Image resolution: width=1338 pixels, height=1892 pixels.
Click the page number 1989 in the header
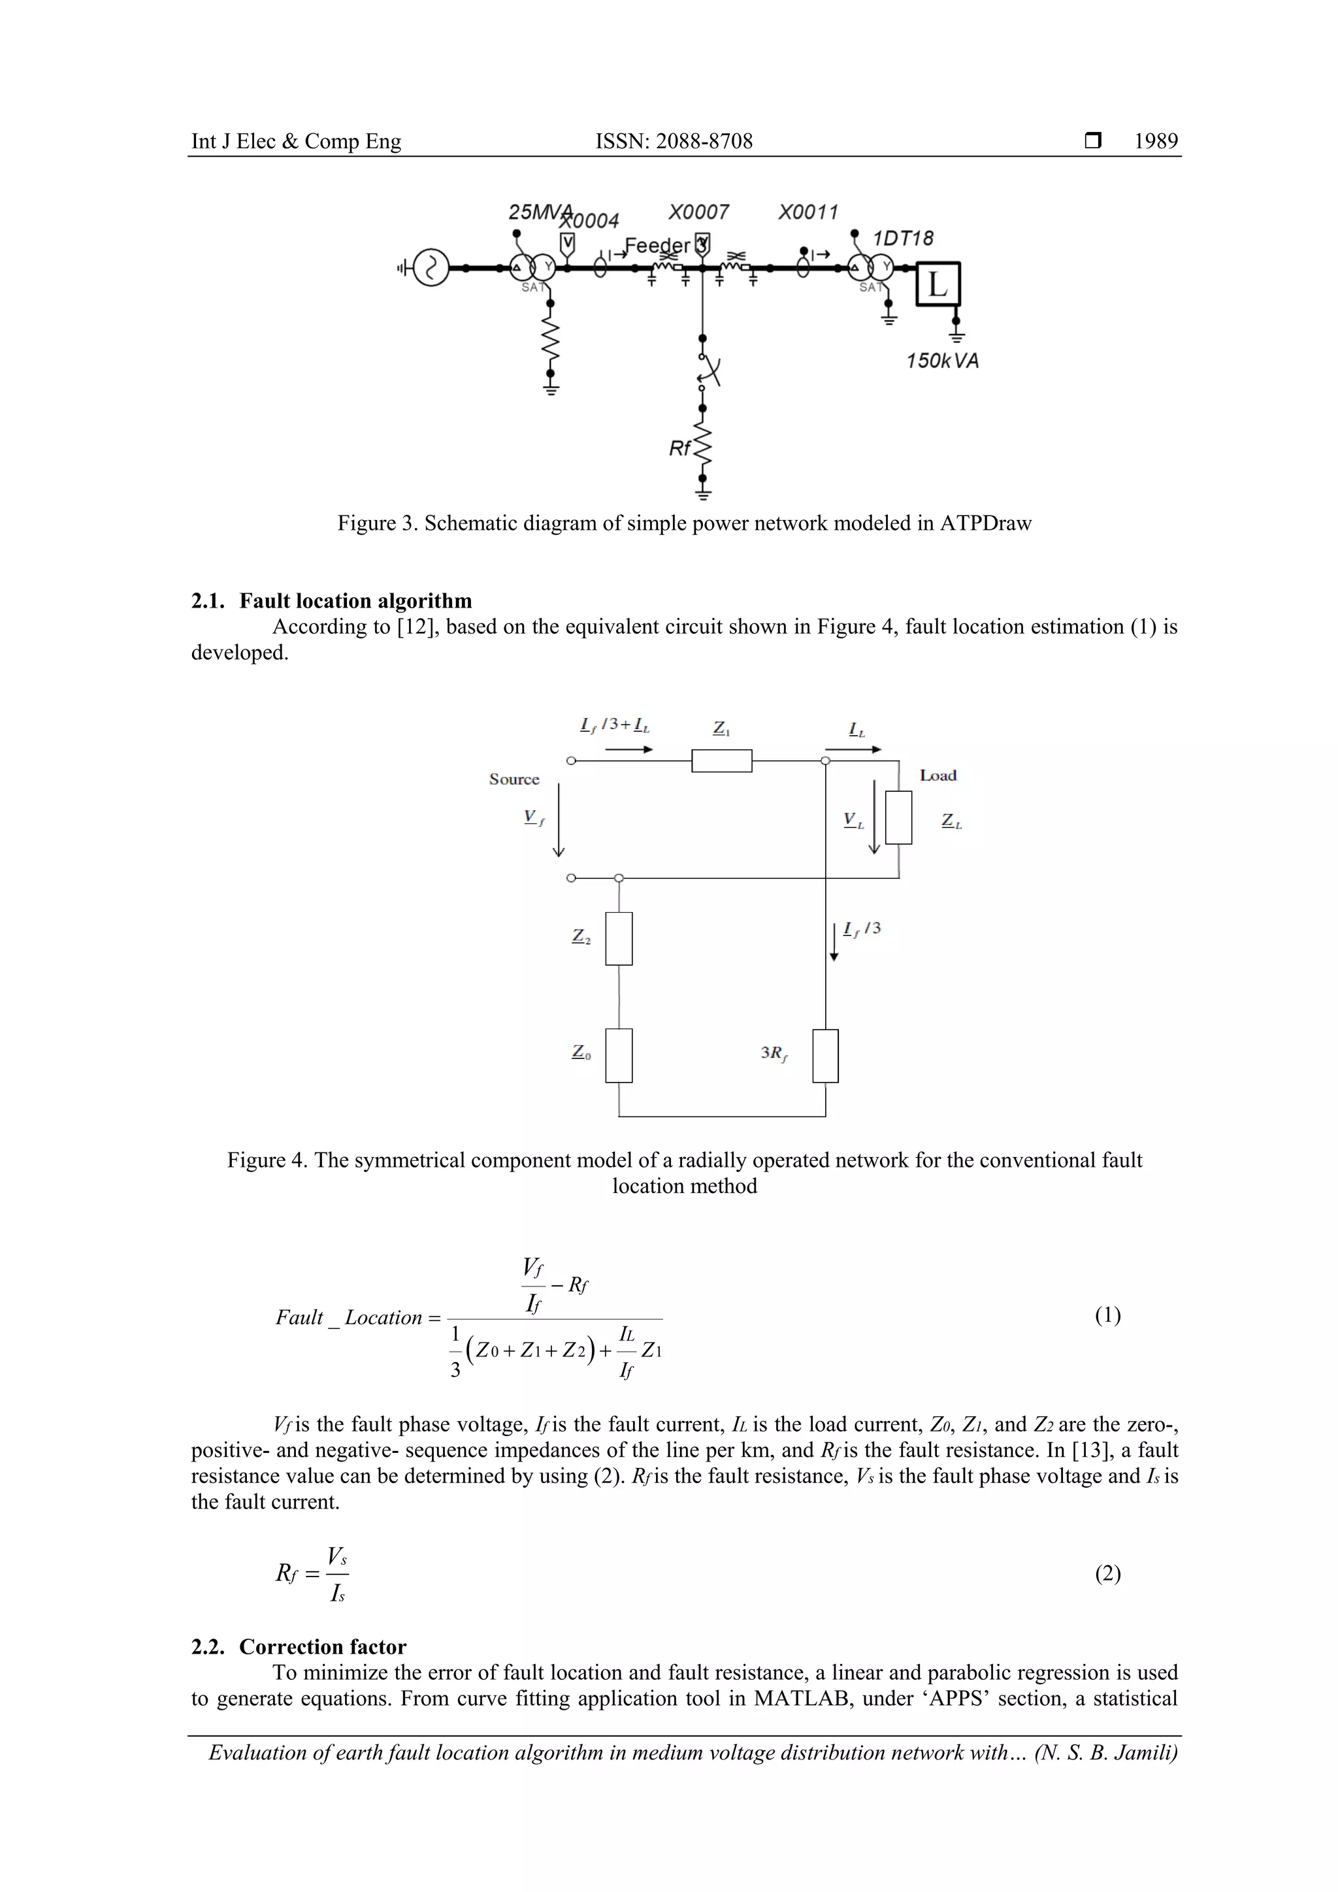[x=1156, y=142]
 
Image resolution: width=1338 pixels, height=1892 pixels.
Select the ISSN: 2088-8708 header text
[x=674, y=142]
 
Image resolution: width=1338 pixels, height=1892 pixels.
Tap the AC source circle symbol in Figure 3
[x=431, y=268]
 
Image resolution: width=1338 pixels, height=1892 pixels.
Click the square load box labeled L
[x=938, y=284]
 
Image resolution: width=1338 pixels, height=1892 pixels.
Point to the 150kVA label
[x=943, y=361]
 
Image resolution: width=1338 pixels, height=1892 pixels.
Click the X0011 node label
[x=808, y=212]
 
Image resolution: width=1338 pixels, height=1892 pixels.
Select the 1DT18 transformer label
[x=903, y=239]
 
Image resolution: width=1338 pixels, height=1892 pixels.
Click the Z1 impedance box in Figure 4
[x=722, y=760]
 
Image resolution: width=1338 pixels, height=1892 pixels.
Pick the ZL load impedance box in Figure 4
[x=899, y=817]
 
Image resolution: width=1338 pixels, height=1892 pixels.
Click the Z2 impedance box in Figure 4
[x=619, y=939]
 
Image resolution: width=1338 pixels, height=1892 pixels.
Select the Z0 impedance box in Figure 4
[x=619, y=1056]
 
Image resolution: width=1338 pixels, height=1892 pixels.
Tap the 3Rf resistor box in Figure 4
[x=826, y=1056]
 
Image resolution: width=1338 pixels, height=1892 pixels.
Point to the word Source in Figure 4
[x=514, y=779]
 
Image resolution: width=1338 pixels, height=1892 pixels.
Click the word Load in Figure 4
[x=938, y=775]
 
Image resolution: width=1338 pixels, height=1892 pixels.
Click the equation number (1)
[x=1107, y=1316]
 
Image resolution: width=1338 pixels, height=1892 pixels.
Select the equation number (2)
[x=1107, y=1574]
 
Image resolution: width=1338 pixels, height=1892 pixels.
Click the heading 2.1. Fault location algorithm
[x=332, y=601]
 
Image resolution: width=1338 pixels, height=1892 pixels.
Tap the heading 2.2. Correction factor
[x=299, y=1647]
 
